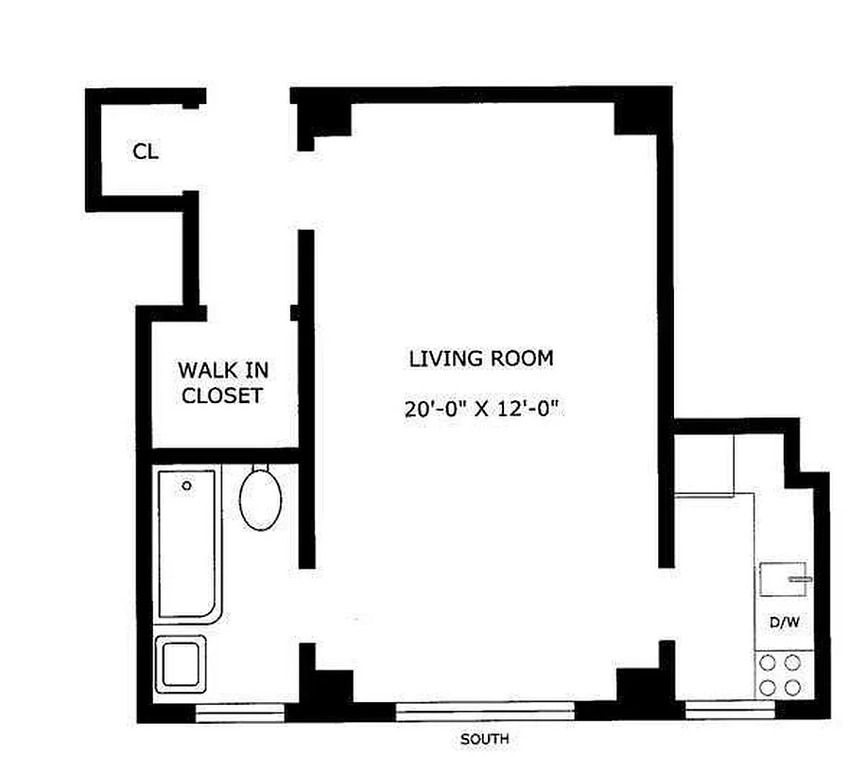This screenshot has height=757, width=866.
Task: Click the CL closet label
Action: [x=146, y=151]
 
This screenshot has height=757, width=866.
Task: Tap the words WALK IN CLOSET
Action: [x=223, y=382]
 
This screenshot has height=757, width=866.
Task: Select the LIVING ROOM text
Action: [x=481, y=359]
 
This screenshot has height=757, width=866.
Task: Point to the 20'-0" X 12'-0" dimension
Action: [x=481, y=409]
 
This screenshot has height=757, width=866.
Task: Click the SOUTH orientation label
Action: [x=484, y=739]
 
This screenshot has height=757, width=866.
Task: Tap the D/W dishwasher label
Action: [x=785, y=622]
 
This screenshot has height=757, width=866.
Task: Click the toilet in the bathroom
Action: [x=260, y=498]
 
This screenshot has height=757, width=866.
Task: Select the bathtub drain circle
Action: [x=186, y=485]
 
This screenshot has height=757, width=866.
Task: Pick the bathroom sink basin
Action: [x=181, y=664]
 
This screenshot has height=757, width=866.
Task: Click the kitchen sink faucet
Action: [x=800, y=579]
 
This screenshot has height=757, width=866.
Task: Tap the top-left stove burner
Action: [x=768, y=662]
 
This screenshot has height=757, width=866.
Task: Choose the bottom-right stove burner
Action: [x=792, y=688]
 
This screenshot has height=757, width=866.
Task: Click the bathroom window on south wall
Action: [x=240, y=713]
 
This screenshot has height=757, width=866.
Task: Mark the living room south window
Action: [x=485, y=711]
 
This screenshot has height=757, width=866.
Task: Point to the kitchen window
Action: [x=730, y=710]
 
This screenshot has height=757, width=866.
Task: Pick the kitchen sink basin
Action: [x=783, y=579]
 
